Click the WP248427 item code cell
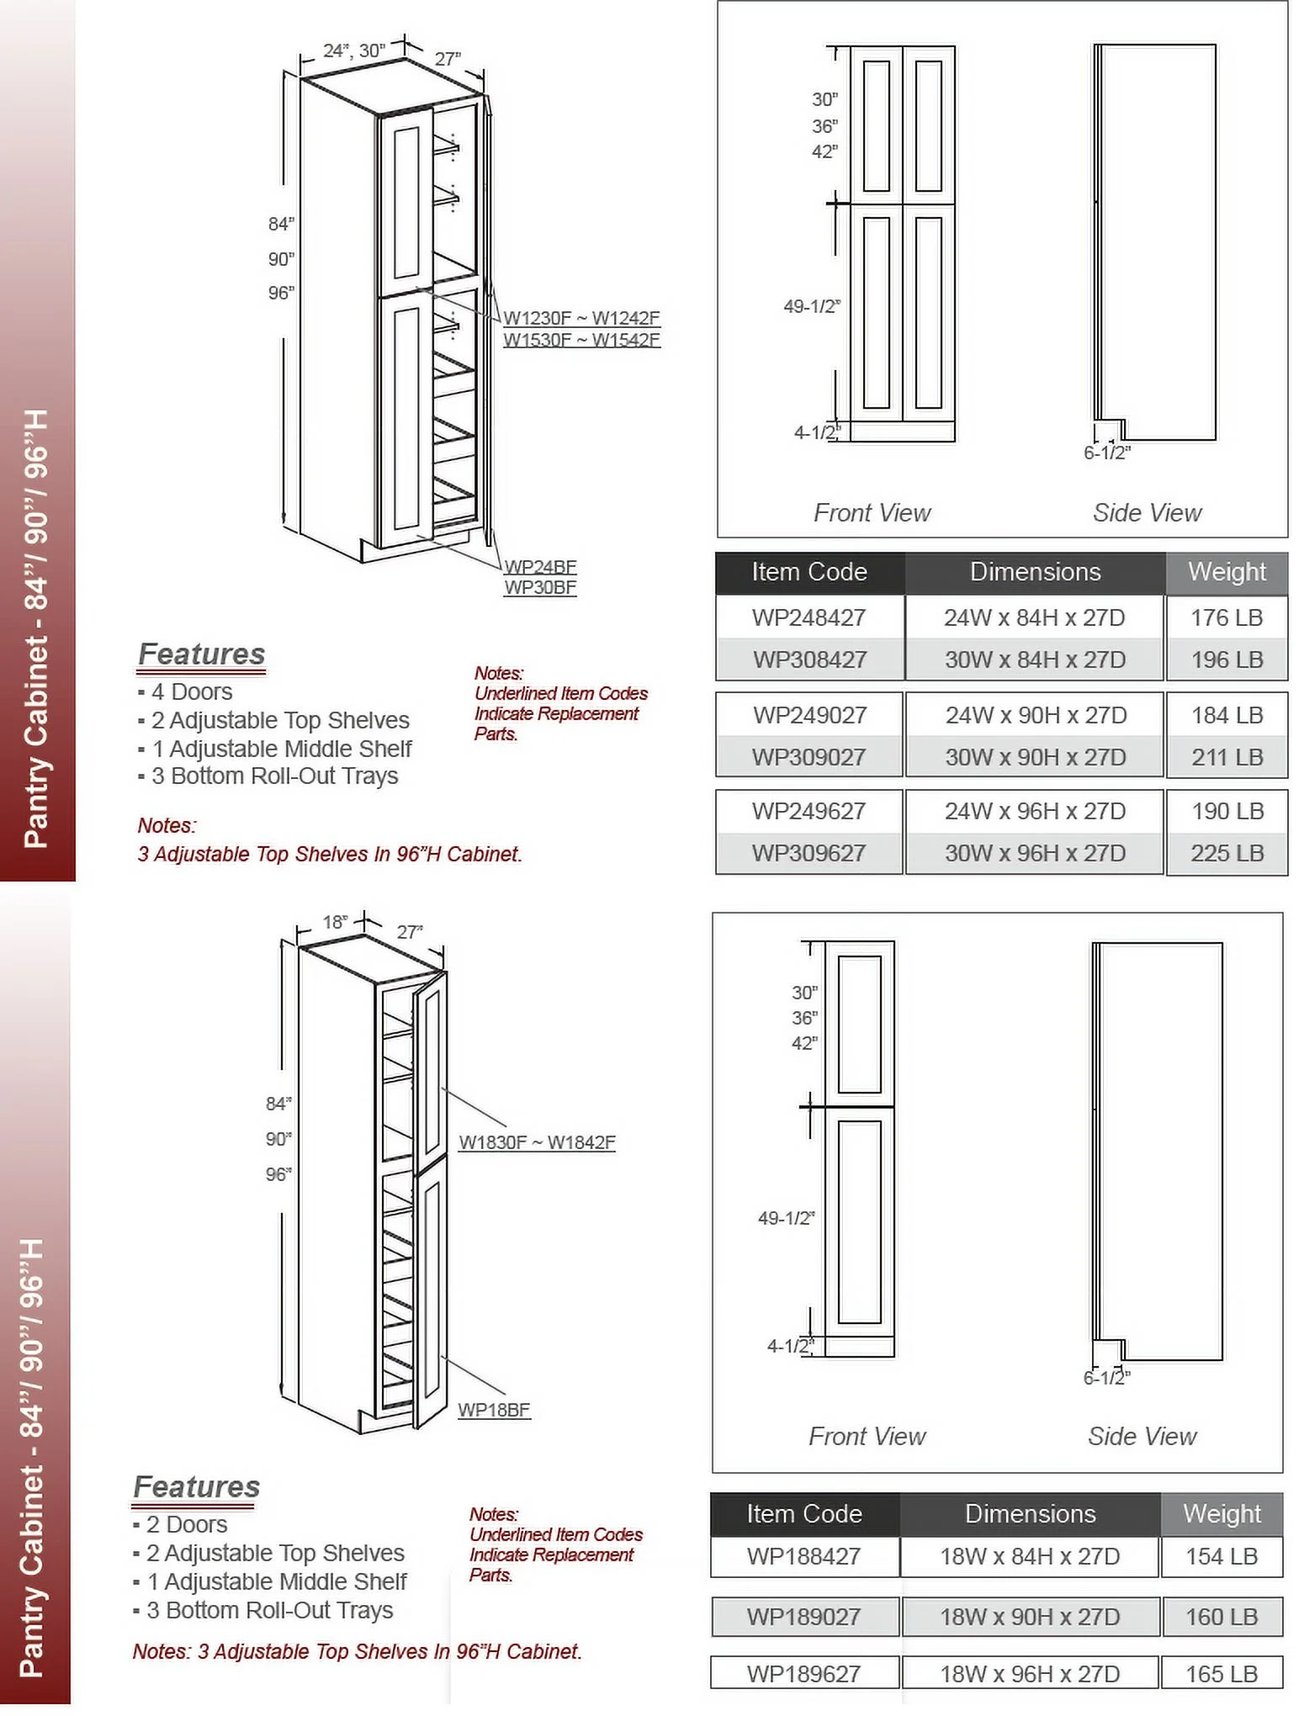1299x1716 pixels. [809, 617]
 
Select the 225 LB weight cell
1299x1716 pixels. [1227, 853]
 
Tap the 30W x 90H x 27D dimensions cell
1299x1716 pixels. [1035, 757]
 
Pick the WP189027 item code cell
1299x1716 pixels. [803, 1617]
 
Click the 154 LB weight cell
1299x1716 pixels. [1222, 1556]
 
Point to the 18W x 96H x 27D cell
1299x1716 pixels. [1030, 1674]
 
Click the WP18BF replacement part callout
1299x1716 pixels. [494, 1410]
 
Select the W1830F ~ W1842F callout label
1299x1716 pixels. [537, 1142]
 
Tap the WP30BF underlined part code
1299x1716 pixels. [540, 587]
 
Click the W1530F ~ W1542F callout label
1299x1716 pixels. [581, 340]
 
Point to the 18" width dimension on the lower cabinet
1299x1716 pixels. [334, 922]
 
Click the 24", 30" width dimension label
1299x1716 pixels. [353, 50]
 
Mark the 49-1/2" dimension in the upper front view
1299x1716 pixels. [811, 306]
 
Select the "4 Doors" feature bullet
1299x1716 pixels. [191, 691]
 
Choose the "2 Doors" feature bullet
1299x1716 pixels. [186, 1524]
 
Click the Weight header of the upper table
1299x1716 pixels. [1227, 572]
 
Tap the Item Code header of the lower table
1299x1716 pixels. [803, 1513]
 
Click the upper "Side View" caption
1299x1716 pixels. [1147, 512]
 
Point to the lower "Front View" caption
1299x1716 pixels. [867, 1436]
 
